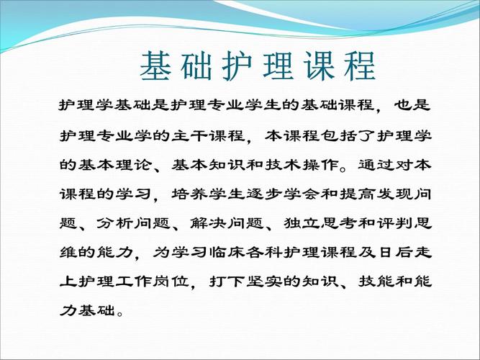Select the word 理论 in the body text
pyautogui.click(x=134, y=164)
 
